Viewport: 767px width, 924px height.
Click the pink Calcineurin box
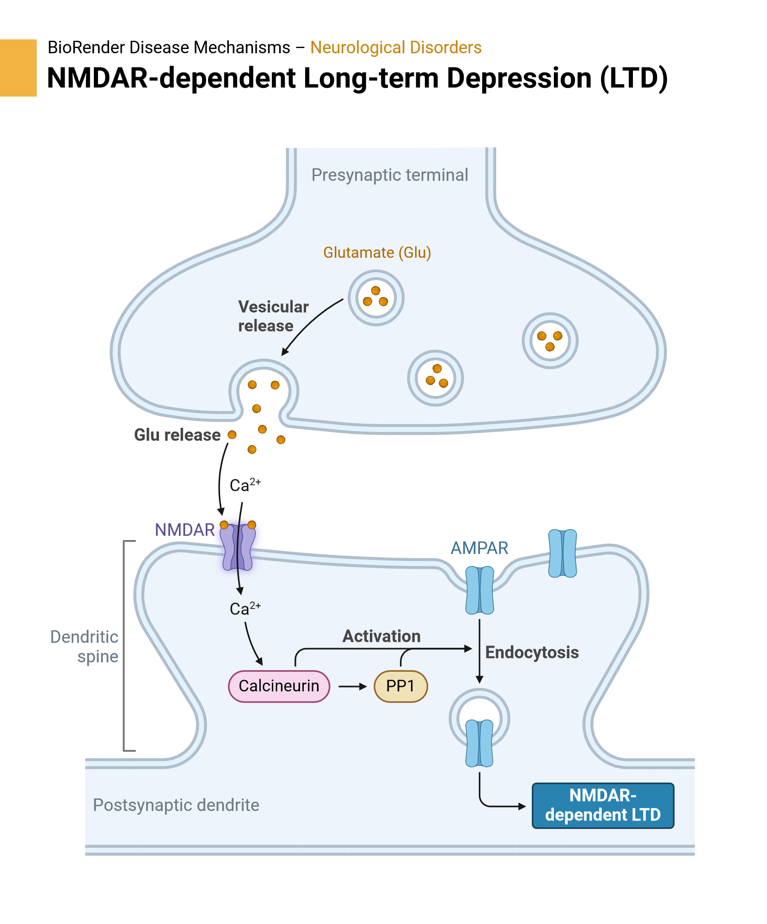279,686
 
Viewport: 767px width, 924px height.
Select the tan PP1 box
400,686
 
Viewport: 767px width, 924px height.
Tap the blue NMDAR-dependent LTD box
602,805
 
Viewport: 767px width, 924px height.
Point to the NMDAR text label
184,530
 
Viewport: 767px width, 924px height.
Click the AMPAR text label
479,548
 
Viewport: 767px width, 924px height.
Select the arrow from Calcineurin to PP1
352,687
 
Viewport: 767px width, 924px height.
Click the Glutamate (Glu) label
377,253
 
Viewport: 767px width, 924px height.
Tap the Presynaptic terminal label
389,175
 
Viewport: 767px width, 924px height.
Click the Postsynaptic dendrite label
176,805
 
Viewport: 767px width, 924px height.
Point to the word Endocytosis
532,652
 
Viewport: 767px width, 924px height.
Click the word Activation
381,636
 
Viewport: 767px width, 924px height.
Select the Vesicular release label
273,316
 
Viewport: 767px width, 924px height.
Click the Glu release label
177,435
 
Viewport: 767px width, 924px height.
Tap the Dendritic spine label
85,646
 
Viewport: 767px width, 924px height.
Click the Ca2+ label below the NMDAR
245,608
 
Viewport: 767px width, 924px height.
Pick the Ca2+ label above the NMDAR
245,485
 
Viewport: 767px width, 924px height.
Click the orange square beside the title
18,68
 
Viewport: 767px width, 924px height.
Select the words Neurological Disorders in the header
396,48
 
